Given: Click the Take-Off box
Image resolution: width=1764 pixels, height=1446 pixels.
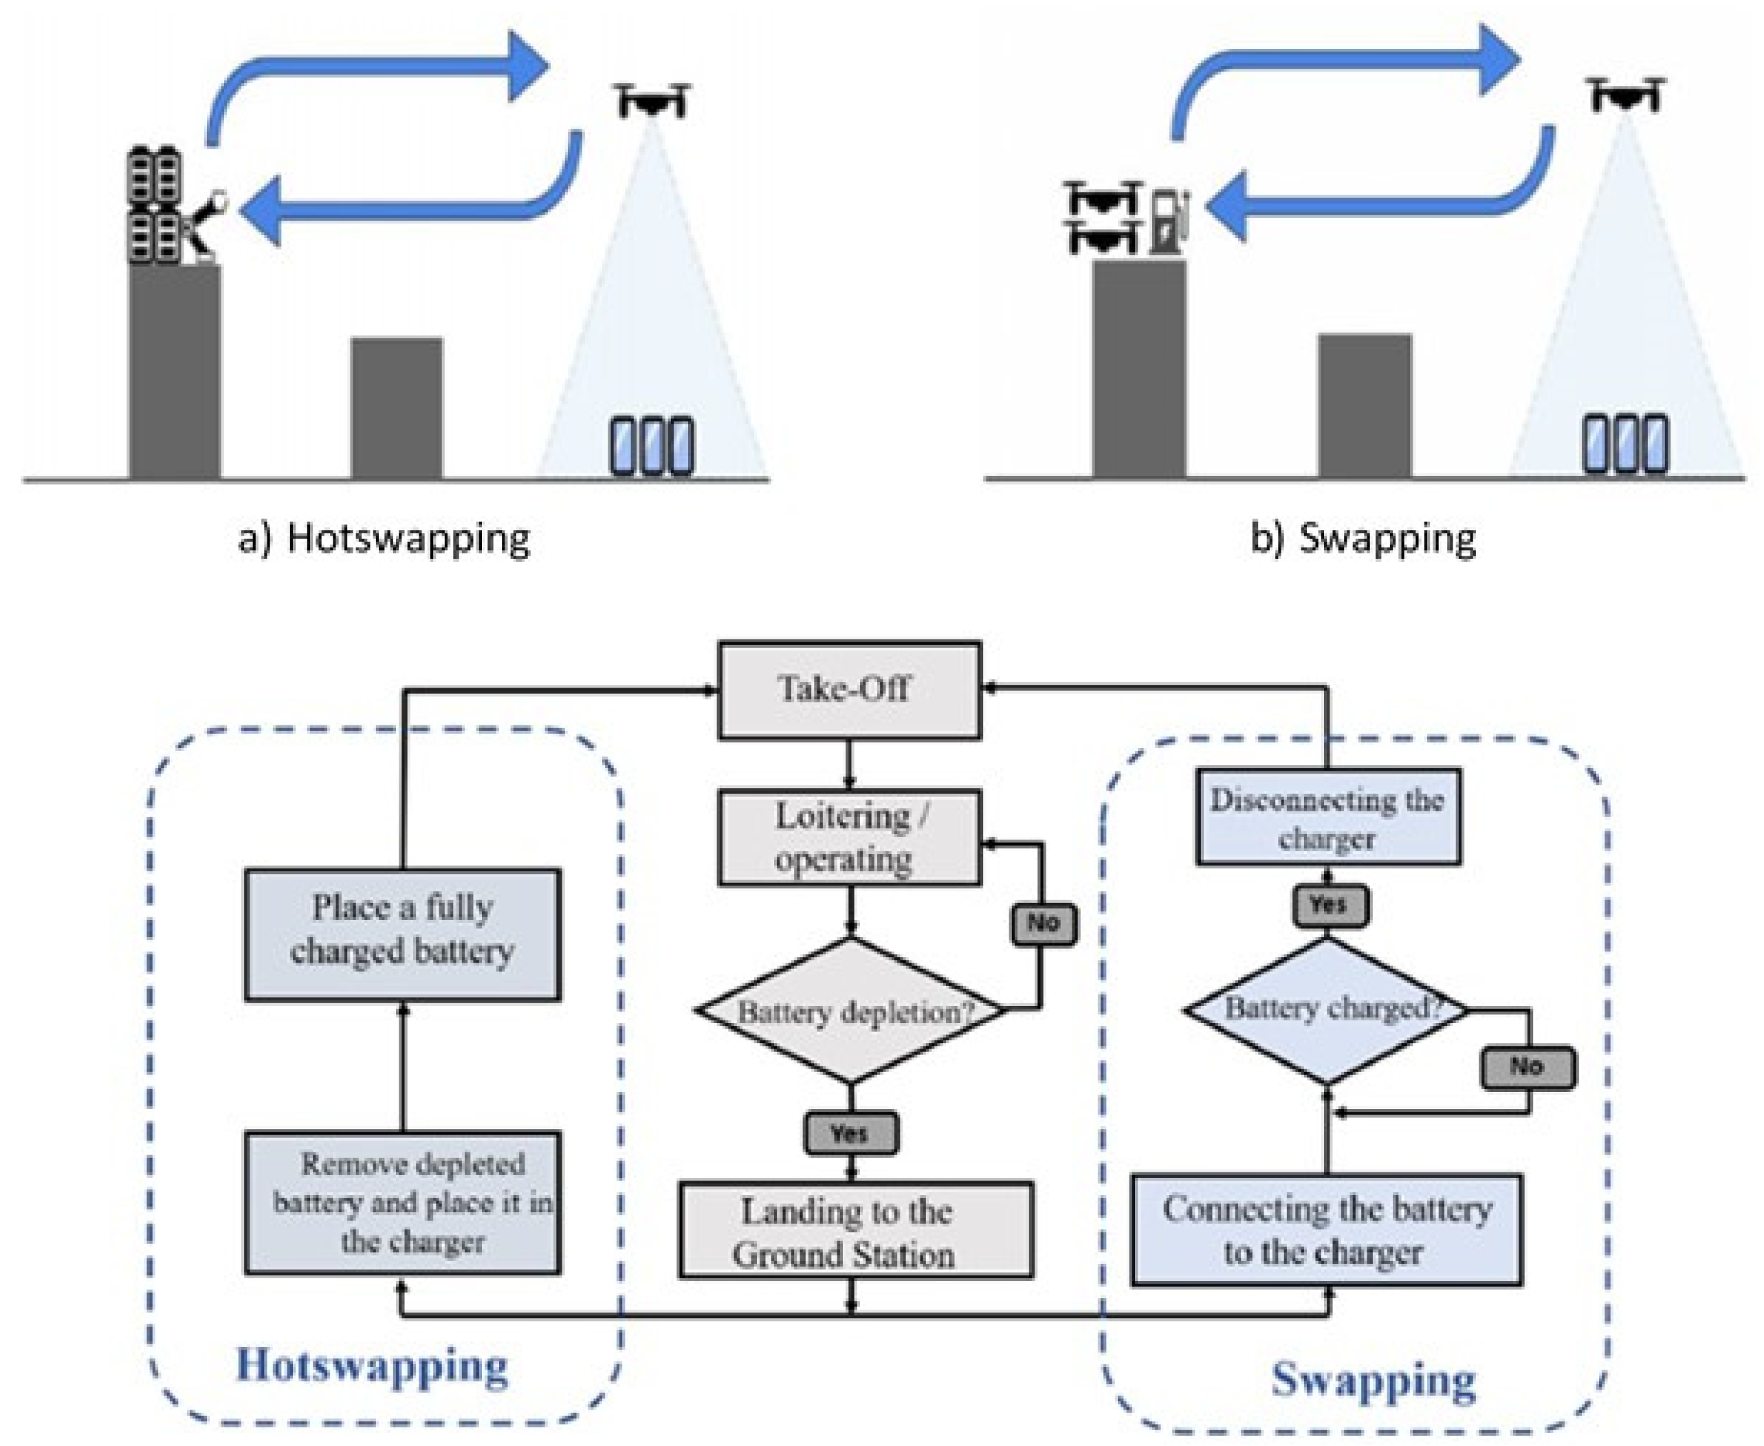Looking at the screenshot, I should click(x=849, y=690).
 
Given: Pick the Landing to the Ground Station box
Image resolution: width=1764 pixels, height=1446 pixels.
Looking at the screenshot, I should click(x=855, y=1229).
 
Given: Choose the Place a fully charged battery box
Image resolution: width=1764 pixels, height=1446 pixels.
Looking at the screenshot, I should click(x=402, y=934).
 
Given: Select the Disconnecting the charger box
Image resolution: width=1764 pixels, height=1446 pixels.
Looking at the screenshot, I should click(x=1327, y=816).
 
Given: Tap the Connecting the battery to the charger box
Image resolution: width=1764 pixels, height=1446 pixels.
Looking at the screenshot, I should click(x=1327, y=1230).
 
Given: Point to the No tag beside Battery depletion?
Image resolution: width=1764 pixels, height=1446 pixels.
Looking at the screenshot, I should click(x=1044, y=923).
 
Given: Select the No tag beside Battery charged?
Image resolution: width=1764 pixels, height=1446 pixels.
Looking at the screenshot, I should click(x=1527, y=1067).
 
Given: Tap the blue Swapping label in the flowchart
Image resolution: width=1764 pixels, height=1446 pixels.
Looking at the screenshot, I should click(x=1374, y=1380).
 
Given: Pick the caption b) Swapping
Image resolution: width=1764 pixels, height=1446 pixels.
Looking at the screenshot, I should click(x=1363, y=538).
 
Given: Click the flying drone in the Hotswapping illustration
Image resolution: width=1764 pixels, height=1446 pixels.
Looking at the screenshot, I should click(x=654, y=100).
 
